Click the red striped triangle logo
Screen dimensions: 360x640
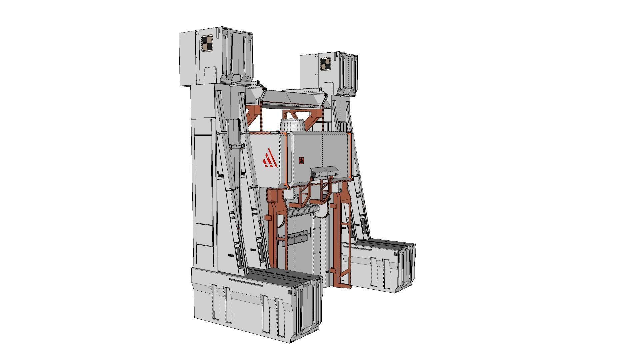[x=270, y=158]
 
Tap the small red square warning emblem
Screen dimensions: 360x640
[x=301, y=161]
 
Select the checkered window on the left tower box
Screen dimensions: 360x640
[x=207, y=44]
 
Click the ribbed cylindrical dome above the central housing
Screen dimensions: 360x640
[x=292, y=125]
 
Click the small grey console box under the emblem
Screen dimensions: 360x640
[x=324, y=172]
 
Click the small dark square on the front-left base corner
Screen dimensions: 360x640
[x=290, y=292]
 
